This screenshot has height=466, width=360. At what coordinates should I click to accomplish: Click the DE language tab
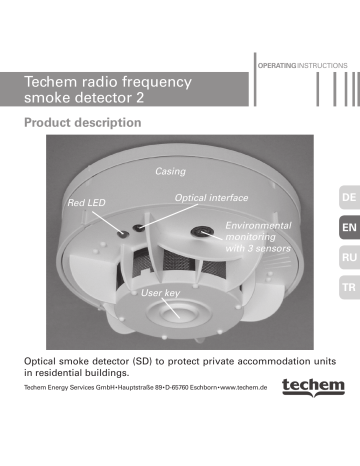[347, 199]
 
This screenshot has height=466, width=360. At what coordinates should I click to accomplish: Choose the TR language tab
[347, 288]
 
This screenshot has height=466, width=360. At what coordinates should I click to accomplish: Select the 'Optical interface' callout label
[211, 199]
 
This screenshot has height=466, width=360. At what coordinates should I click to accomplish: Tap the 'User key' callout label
[160, 294]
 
